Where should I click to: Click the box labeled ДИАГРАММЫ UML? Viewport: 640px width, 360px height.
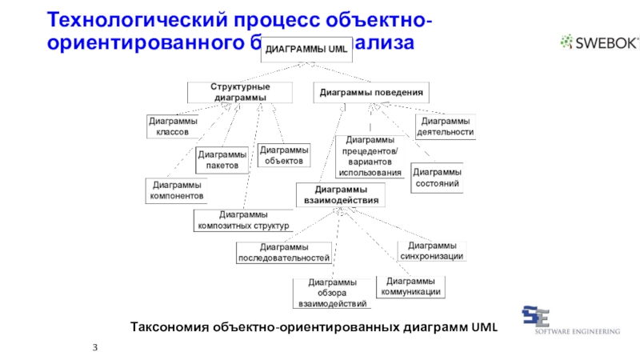[306, 50]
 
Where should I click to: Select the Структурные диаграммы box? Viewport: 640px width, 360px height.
[239, 92]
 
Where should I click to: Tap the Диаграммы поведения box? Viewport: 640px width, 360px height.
[370, 92]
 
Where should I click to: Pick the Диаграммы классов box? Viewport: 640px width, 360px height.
[173, 126]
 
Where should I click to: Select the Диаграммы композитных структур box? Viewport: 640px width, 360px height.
[243, 220]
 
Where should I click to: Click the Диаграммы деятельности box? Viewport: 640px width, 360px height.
[445, 126]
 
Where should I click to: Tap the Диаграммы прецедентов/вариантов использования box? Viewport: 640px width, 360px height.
[370, 156]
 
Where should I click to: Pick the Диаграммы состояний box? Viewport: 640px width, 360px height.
[437, 178]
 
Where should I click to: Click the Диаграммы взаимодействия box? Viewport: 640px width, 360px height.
[341, 194]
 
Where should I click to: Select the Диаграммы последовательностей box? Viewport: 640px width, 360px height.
[284, 253]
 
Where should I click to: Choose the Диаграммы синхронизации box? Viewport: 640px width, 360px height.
[431, 250]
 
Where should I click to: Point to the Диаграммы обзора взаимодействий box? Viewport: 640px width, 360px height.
[332, 293]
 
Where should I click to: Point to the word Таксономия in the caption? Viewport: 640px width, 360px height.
[168, 326]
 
